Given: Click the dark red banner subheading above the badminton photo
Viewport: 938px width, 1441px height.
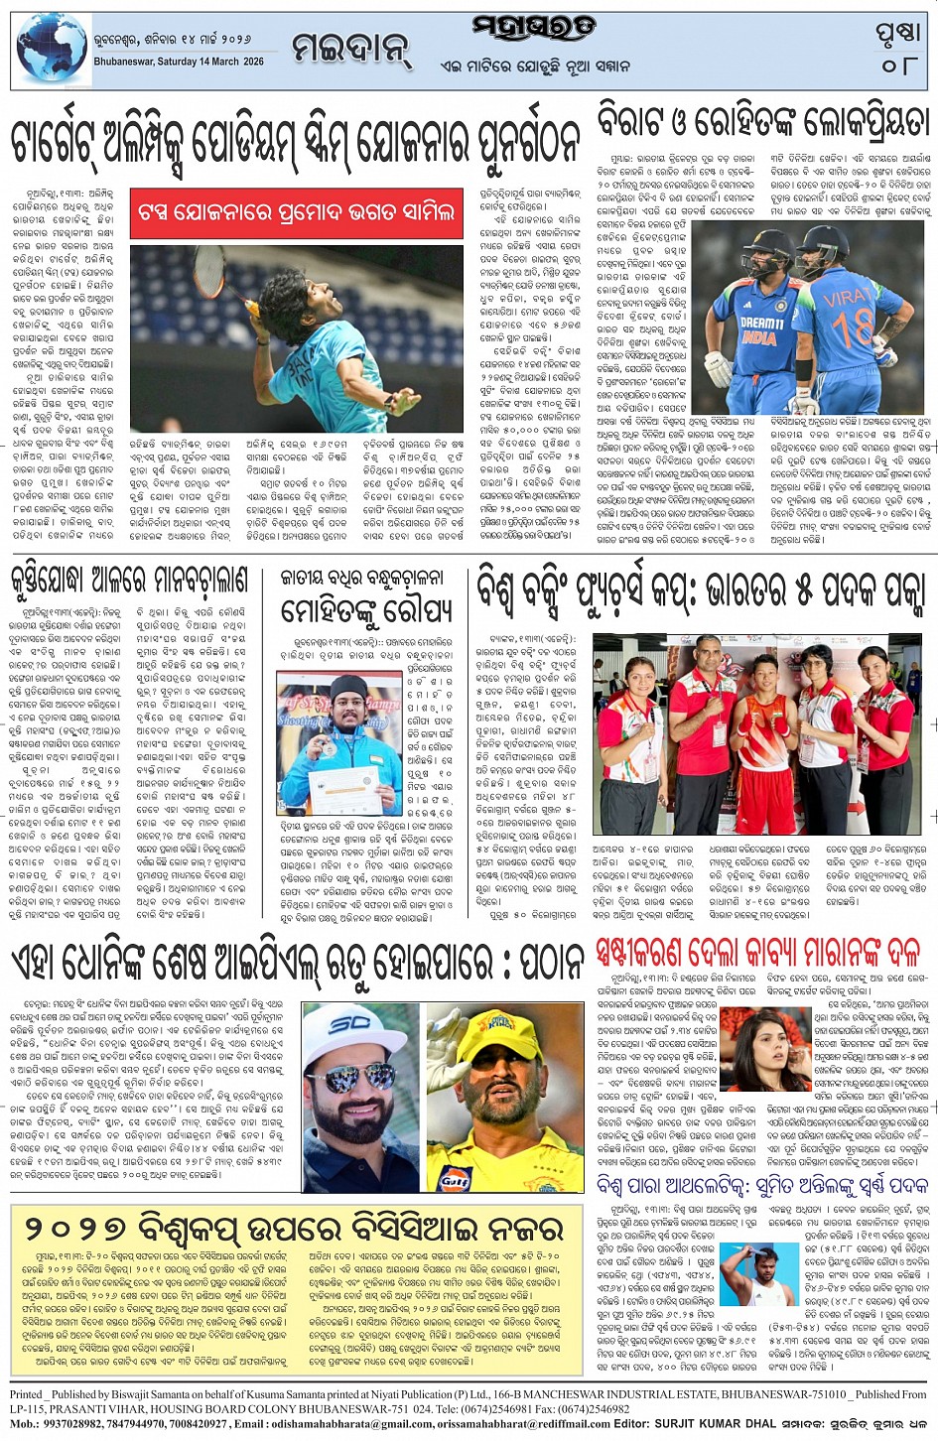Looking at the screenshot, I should [297, 212].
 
